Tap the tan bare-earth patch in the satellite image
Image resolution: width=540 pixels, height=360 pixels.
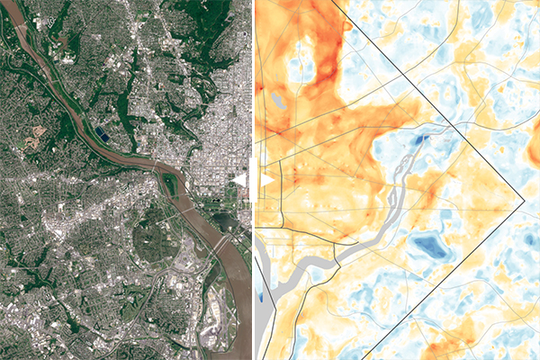(x=38, y=139)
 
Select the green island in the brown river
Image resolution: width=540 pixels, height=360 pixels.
(x=171, y=185)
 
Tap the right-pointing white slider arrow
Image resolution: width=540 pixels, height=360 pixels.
(x=267, y=181)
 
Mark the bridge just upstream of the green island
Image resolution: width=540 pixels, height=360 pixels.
(x=160, y=168)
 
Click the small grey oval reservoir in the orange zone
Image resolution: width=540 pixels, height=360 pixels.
(x=279, y=102)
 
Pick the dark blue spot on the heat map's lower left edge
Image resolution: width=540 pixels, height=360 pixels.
(x=262, y=294)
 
